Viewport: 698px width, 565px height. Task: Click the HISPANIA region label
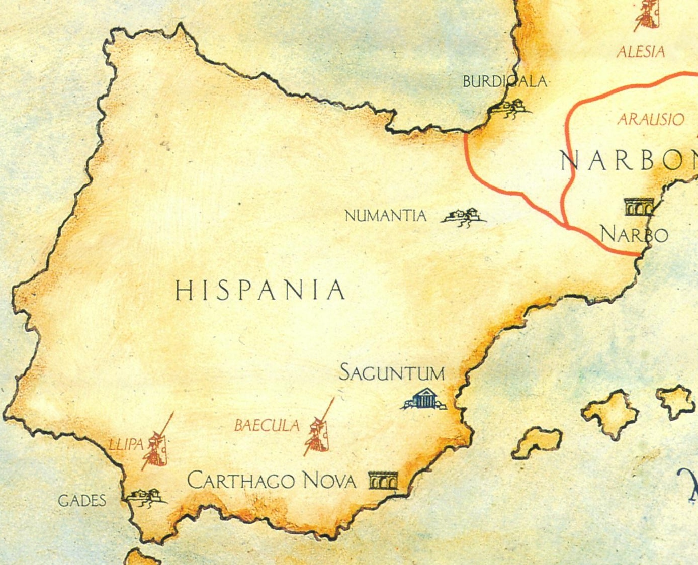pyautogui.click(x=260, y=290)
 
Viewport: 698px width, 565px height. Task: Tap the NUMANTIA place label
pyautogui.click(x=385, y=216)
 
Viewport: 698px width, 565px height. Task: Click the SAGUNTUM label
pyautogui.click(x=392, y=373)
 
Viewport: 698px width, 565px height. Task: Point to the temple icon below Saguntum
pyautogui.click(x=424, y=400)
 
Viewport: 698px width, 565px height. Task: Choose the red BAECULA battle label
pyautogui.click(x=267, y=426)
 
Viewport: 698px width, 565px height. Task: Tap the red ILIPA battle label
pyautogui.click(x=126, y=444)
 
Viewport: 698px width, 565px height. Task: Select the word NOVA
pyautogui.click(x=329, y=481)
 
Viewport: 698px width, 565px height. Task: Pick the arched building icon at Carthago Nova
pyautogui.click(x=383, y=481)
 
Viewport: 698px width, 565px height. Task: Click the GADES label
pyautogui.click(x=82, y=501)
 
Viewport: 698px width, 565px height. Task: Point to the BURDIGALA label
pyautogui.click(x=504, y=81)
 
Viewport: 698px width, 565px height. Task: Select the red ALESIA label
pyautogui.click(x=641, y=51)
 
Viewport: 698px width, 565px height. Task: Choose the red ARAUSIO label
pyautogui.click(x=651, y=119)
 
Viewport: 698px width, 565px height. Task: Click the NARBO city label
pyautogui.click(x=634, y=234)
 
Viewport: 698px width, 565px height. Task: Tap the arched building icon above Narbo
pyautogui.click(x=638, y=207)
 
